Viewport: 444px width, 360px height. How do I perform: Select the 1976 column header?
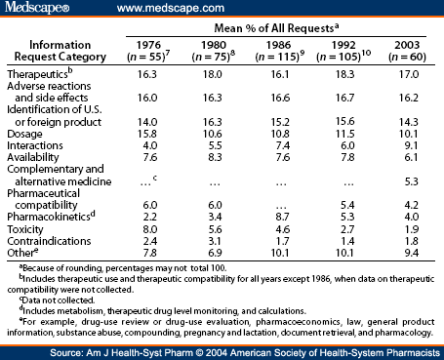point(149,43)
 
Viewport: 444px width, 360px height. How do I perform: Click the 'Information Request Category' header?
point(62,50)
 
